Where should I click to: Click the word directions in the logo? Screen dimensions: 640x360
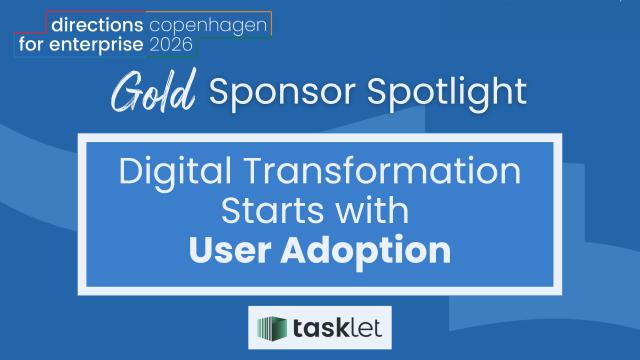pyautogui.click(x=97, y=25)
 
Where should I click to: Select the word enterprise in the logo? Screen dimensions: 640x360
pyautogui.click(x=96, y=44)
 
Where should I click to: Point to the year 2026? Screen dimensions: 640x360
pyautogui.click(x=171, y=44)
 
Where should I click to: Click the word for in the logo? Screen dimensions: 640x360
pyautogui.click(x=30, y=43)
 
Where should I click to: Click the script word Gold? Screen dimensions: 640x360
pyautogui.click(x=153, y=91)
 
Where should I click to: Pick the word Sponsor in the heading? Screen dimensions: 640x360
pyautogui.click(x=282, y=92)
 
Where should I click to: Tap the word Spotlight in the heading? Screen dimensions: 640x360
pyautogui.click(x=447, y=92)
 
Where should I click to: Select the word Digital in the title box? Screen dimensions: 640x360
pyautogui.click(x=175, y=172)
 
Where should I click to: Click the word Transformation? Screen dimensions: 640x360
pyautogui.click(x=383, y=171)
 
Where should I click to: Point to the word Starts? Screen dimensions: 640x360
pyautogui.click(x=273, y=211)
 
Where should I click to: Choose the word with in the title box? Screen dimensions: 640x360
pyautogui.click(x=372, y=210)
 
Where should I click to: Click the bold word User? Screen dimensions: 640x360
pyautogui.click(x=230, y=249)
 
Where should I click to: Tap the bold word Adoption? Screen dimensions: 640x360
pyautogui.click(x=366, y=251)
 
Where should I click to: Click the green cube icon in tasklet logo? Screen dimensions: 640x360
pyautogui.click(x=272, y=327)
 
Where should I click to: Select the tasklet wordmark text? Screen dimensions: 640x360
pyautogui.click(x=337, y=328)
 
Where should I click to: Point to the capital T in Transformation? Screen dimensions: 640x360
pyautogui.click(x=256, y=171)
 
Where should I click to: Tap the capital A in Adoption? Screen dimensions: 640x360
pyautogui.click(x=295, y=249)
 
